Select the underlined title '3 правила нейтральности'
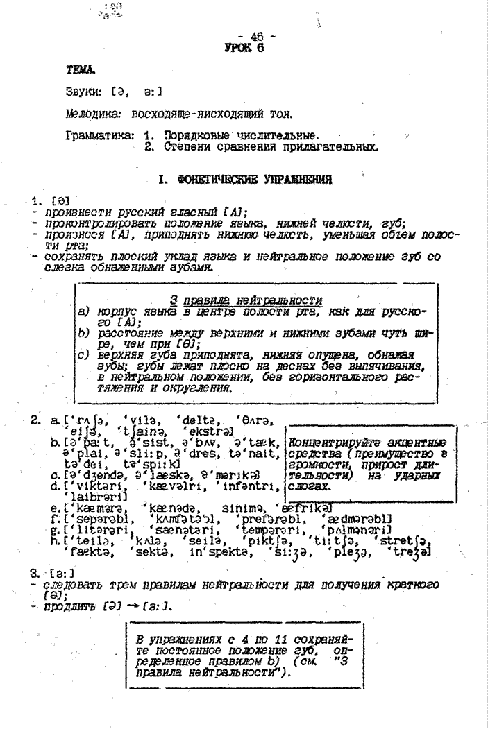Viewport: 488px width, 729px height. [x=246, y=300]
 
